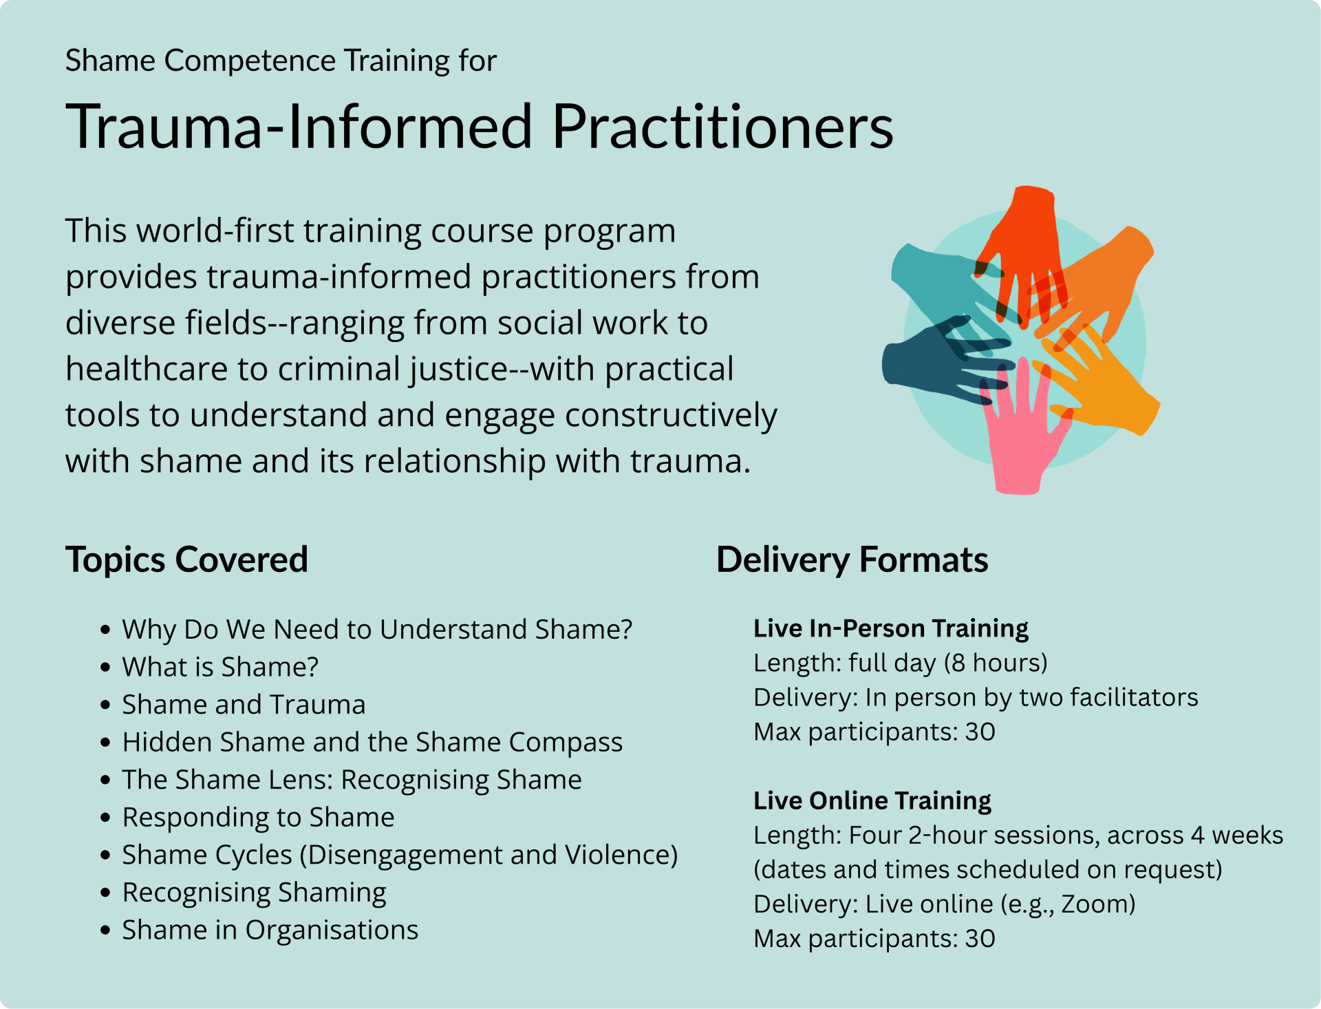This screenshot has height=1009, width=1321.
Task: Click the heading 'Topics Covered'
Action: point(186,560)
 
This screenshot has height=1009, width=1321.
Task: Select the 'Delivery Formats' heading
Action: point(852,560)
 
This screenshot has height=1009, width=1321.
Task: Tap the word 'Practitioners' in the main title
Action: point(722,127)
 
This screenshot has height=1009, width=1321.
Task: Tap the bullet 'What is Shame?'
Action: point(220,667)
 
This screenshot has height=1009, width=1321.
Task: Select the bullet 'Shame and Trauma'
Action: point(244,705)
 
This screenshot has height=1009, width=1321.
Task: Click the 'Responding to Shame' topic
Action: point(258,818)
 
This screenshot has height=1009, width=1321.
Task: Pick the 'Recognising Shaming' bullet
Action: point(254,893)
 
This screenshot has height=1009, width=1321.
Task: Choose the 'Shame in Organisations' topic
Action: point(270,930)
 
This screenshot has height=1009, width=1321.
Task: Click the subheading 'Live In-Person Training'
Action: point(891,628)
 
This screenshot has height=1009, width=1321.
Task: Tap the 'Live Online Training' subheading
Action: point(872,800)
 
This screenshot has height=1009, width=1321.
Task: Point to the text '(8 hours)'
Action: point(996,663)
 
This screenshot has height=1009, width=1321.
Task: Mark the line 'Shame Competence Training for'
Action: point(281,61)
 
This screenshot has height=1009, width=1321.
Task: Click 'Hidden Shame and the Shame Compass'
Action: point(372,743)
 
